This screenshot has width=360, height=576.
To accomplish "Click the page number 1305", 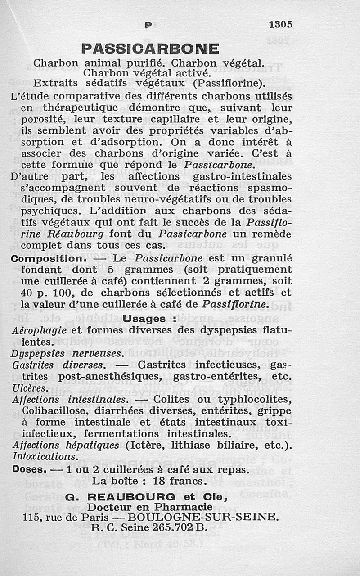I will [x=280, y=24].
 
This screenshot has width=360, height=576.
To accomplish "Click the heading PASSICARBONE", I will [x=150, y=48].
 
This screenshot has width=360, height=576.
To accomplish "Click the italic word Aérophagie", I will [x=39, y=330].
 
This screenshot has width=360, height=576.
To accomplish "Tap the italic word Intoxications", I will [x=45, y=457].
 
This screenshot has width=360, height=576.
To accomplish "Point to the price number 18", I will [x=160, y=481].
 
